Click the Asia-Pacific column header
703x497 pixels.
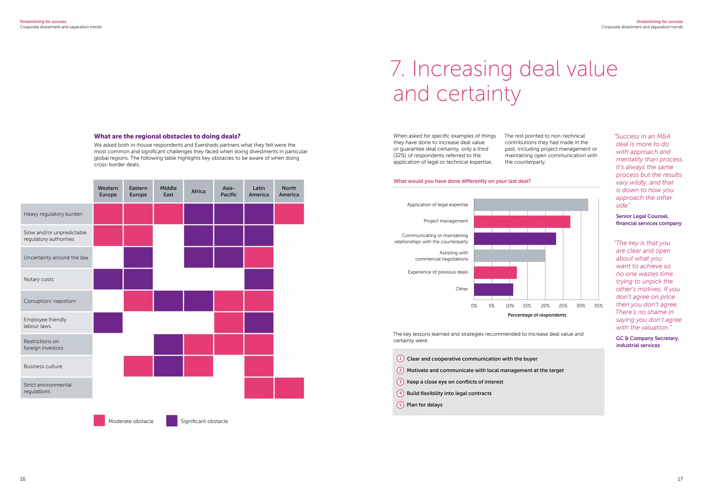pyautogui.click(x=229, y=191)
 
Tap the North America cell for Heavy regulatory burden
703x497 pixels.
pyautogui.click(x=289, y=214)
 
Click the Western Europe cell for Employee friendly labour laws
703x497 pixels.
pyautogui.click(x=108, y=323)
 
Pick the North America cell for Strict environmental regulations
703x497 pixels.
pyautogui.click(x=289, y=388)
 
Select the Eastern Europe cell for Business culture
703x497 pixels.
pyautogui.click(x=138, y=366)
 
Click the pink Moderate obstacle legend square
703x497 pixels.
pyautogui.click(x=99, y=421)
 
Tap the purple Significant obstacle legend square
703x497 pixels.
pyautogui.click(x=172, y=421)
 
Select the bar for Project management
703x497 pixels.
pyautogui.click(x=522, y=222)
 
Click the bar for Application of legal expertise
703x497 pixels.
pyautogui.click(x=531, y=205)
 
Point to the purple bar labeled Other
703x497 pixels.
pyautogui.click(x=493, y=289)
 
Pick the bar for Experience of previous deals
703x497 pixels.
pyautogui.click(x=495, y=273)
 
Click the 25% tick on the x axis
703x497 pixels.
pyautogui.click(x=563, y=306)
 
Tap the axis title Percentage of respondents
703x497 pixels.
pyautogui.click(x=537, y=315)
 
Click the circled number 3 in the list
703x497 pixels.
pyautogui.click(x=400, y=382)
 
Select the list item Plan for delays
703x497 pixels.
pyautogui.click(x=424, y=405)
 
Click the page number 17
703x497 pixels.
pyautogui.click(x=680, y=479)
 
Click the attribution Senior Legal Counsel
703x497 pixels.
pyautogui.click(x=642, y=216)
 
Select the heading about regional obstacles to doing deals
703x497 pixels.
pyautogui.click(x=167, y=136)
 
